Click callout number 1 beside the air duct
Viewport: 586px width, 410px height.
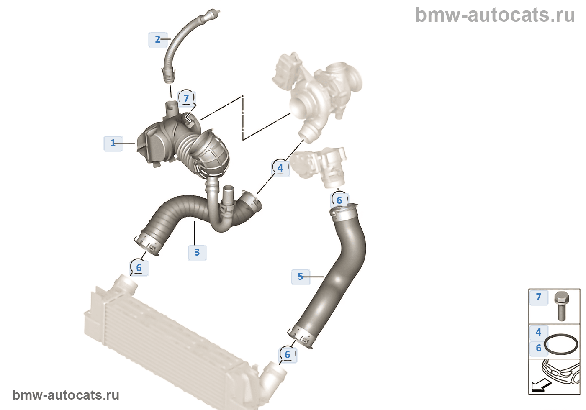click(113, 143)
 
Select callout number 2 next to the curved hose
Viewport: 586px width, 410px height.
click(158, 39)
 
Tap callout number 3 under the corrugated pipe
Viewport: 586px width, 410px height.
click(197, 252)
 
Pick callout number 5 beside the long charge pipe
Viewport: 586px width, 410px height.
click(301, 277)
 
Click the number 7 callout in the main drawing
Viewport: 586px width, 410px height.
click(186, 99)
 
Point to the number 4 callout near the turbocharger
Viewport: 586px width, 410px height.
click(280, 168)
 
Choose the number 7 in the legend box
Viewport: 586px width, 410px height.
click(539, 297)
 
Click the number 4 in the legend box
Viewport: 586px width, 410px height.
click(539, 332)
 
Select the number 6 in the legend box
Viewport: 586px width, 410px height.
click(539, 348)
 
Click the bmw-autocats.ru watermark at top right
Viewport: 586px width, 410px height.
click(495, 15)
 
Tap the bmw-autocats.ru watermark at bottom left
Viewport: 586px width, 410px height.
click(66, 395)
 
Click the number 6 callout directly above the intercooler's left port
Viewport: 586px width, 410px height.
click(139, 268)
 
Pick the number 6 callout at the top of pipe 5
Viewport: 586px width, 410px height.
click(339, 200)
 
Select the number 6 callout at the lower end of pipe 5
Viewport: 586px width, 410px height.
click(288, 355)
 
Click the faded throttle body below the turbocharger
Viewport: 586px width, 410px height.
click(319, 167)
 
